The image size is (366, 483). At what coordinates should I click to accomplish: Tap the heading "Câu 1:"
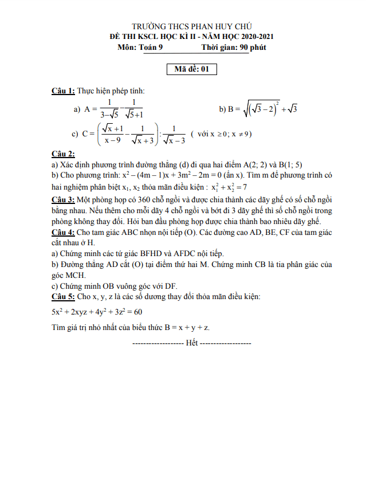tap(63, 91)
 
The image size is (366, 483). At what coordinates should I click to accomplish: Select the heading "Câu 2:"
tap(63, 154)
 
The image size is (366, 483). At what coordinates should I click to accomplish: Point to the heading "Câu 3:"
tap(63, 199)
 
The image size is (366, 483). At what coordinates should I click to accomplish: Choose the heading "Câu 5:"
tap(63, 297)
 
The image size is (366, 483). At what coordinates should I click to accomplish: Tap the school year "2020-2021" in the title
tap(255, 37)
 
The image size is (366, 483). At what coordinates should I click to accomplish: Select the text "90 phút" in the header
tap(253, 47)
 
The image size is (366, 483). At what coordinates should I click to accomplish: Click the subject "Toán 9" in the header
tap(151, 47)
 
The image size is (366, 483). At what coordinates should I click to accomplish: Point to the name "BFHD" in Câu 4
tap(131, 254)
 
